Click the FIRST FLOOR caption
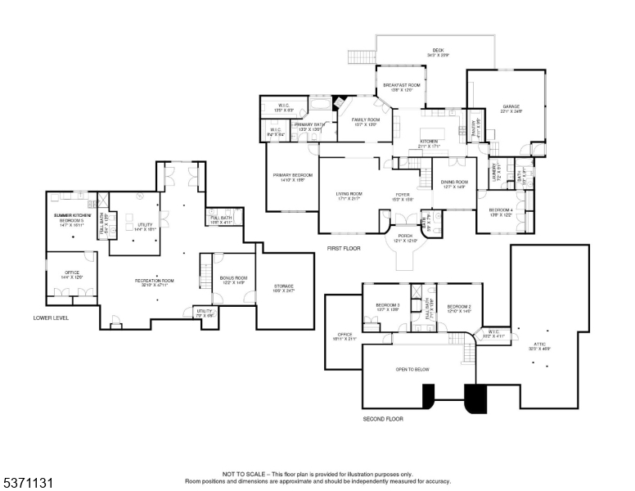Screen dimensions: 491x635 click(345, 247)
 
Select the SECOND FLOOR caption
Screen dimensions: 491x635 click(383, 418)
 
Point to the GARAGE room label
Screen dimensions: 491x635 click(511, 106)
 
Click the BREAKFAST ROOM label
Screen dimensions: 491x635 click(401, 85)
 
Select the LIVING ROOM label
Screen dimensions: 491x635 click(349, 194)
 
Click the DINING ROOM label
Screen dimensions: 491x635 click(454, 182)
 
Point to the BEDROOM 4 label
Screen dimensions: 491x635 click(500, 210)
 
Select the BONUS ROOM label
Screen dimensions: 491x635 click(233, 278)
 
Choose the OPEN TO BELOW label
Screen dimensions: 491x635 click(412, 369)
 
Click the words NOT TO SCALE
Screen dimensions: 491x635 click(241, 474)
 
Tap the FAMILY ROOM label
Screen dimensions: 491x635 click(366, 119)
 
